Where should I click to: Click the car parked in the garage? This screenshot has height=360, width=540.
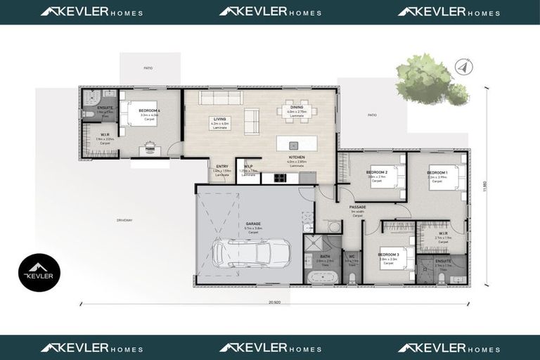[250, 253]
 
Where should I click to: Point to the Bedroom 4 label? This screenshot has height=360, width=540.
[149, 112]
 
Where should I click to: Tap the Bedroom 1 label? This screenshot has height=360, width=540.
[437, 172]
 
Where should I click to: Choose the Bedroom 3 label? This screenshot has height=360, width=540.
[388, 255]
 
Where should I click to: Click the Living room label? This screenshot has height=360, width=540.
[221, 120]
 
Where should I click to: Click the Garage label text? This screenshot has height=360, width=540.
[253, 224]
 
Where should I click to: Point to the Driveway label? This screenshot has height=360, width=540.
[124, 220]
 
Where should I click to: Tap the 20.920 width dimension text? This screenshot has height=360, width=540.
[274, 302]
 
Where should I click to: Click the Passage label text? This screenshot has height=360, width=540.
[357, 207]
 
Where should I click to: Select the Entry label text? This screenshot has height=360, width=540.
[221, 166]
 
